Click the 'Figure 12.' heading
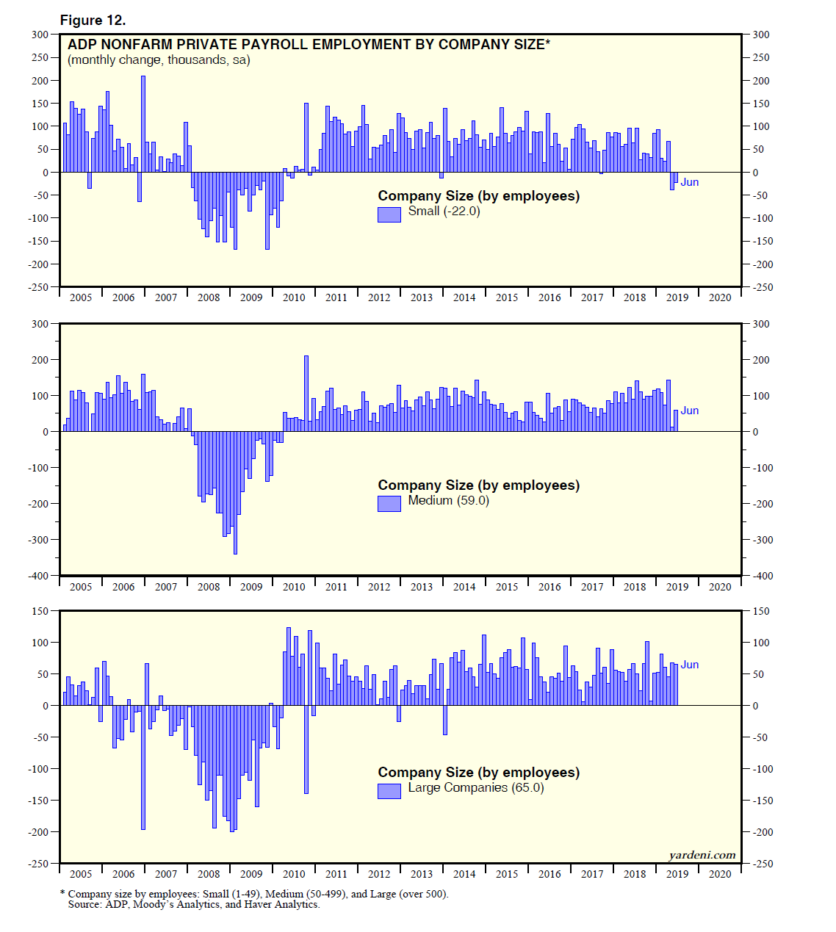click(93, 20)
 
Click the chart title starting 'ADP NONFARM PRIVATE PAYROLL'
click(309, 45)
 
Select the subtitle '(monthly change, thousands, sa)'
click(159, 60)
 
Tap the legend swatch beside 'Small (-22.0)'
click(389, 214)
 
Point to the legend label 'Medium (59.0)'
click(448, 500)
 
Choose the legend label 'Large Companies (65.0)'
click(476, 787)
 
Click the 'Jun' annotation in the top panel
click(689, 182)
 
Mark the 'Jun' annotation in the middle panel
click(689, 411)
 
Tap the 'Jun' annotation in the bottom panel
click(689, 665)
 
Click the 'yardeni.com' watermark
click(702, 855)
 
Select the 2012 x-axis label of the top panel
click(379, 297)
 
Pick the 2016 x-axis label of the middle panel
click(549, 587)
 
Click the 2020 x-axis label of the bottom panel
click(720, 874)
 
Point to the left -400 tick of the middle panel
click(38, 576)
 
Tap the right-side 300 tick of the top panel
click(761, 35)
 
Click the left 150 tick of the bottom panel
click(40, 611)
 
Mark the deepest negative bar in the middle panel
click(235, 492)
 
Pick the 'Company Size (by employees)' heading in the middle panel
click(478, 485)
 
